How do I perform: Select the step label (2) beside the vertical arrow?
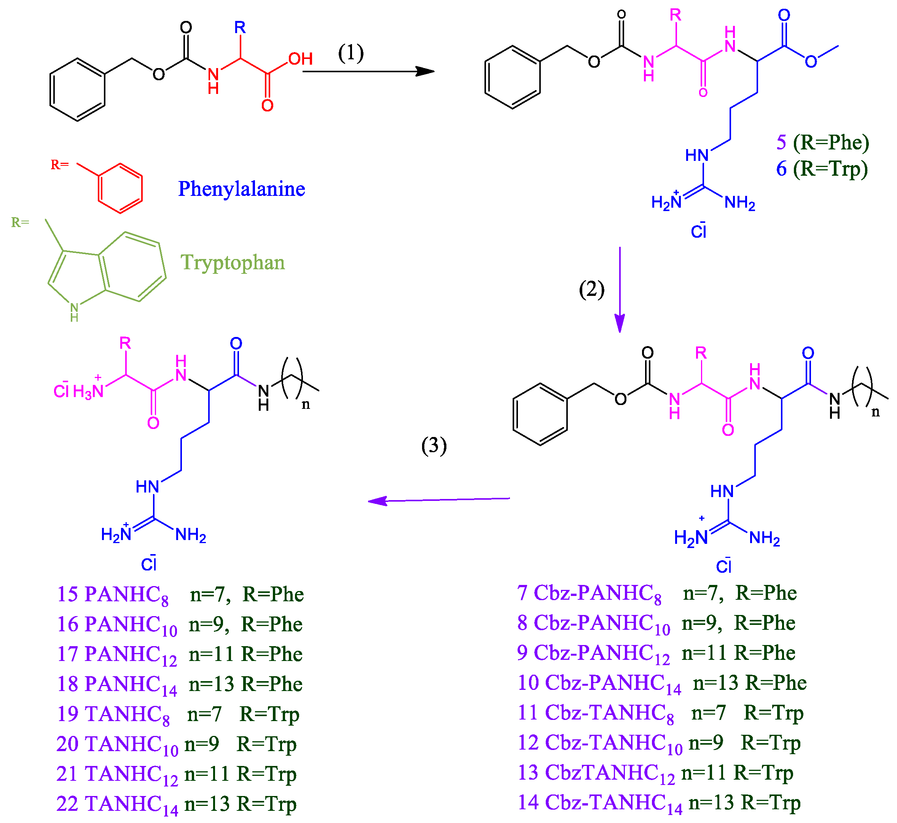tap(591, 289)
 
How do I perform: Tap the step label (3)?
tap(433, 445)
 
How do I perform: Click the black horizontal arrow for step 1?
tap(368, 71)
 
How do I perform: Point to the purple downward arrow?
tap(620, 289)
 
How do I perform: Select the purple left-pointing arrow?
tap(439, 500)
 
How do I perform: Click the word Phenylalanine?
tap(242, 189)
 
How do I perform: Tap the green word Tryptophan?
tap(232, 262)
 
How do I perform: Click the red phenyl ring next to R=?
tap(120, 188)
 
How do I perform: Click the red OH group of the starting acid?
tap(300, 59)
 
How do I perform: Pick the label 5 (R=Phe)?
tap(822, 143)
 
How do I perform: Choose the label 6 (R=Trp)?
tap(822, 169)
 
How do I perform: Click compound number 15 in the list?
tap(68, 594)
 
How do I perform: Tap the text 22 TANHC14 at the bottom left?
tap(117, 804)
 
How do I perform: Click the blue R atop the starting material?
tap(240, 28)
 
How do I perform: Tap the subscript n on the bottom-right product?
tap(875, 412)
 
